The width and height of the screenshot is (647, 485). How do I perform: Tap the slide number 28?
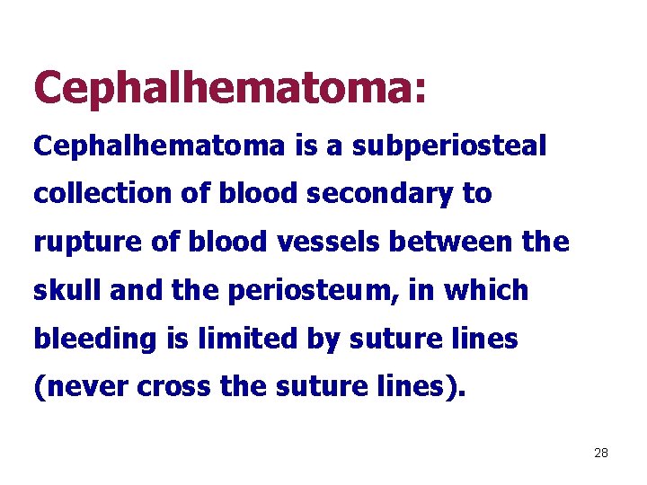coord(601,453)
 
